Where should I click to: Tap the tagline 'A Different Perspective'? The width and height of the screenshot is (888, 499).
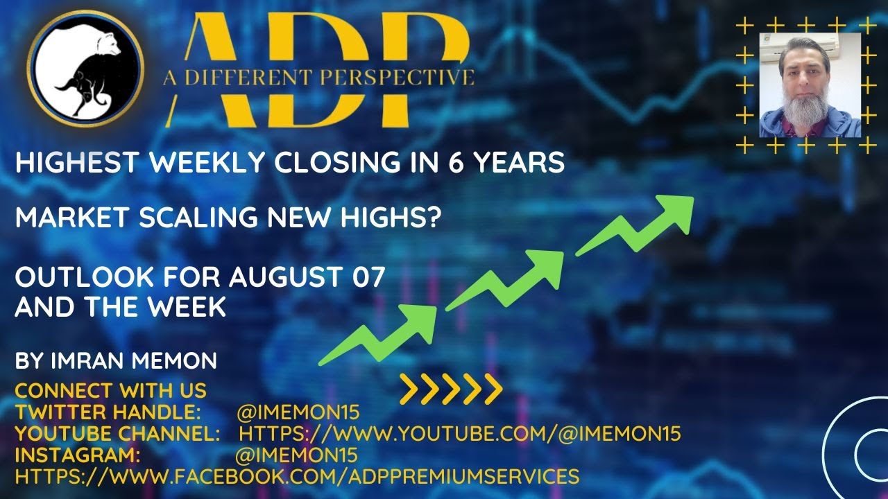coord(319,77)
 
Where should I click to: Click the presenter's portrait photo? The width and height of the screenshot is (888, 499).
coord(810,85)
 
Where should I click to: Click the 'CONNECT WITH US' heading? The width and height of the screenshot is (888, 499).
coord(110,390)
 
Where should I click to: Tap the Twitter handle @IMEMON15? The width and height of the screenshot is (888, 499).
coord(298,412)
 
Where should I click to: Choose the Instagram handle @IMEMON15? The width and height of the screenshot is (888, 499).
coord(296,455)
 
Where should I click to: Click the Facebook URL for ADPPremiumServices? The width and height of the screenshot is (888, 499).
coord(297,477)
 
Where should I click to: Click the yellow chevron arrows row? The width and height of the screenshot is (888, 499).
coord(451,389)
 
